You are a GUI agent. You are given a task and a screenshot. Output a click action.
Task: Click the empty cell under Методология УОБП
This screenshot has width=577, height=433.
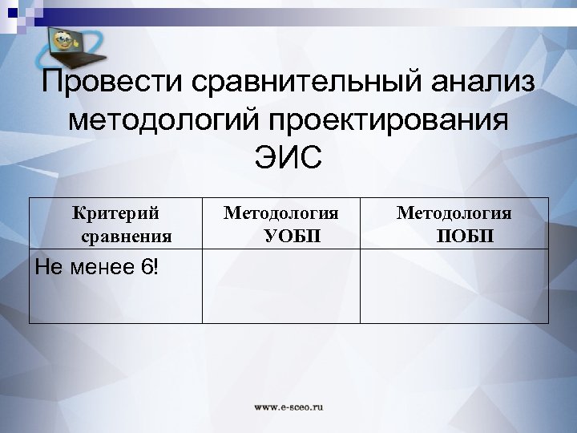tap(280, 286)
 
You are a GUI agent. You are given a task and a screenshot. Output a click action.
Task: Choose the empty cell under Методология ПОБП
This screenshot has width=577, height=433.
tap(454, 286)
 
